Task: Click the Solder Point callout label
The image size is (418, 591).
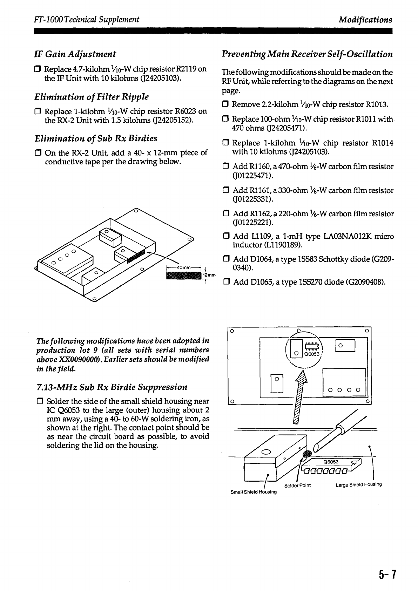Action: click(x=297, y=485)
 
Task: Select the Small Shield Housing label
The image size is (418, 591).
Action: click(x=254, y=492)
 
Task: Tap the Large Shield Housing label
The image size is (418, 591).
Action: click(x=358, y=485)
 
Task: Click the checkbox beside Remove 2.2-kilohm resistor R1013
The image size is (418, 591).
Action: click(x=225, y=105)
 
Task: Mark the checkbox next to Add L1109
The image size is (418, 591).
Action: click(x=225, y=237)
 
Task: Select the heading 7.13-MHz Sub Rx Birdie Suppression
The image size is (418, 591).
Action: click(x=112, y=387)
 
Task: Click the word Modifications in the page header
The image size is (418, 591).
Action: click(x=365, y=20)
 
